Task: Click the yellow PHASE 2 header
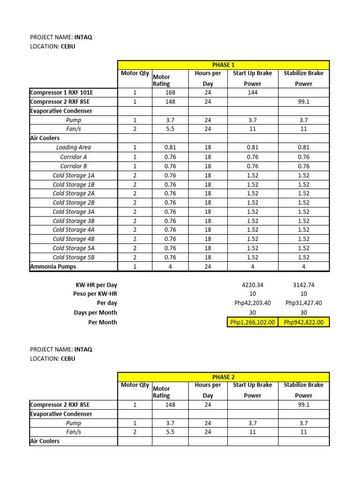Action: [223, 376]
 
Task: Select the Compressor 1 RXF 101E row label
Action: [65, 92]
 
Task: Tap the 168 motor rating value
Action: [170, 92]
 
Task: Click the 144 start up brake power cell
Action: [253, 92]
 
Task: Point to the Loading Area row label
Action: [74, 147]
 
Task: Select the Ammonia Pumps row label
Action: [52, 267]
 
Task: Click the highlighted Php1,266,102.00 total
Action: [253, 322]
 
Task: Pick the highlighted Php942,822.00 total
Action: [304, 322]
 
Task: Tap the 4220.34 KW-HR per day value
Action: [253, 285]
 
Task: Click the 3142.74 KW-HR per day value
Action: [304, 285]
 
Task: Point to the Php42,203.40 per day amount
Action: [253, 303]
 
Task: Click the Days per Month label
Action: [95, 313]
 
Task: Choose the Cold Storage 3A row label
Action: [74, 211]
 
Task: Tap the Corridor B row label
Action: [74, 166]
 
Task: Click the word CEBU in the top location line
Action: [67, 46]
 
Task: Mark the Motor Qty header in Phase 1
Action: [135, 73]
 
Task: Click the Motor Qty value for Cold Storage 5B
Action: [135, 257]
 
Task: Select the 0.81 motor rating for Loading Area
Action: [170, 147]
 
